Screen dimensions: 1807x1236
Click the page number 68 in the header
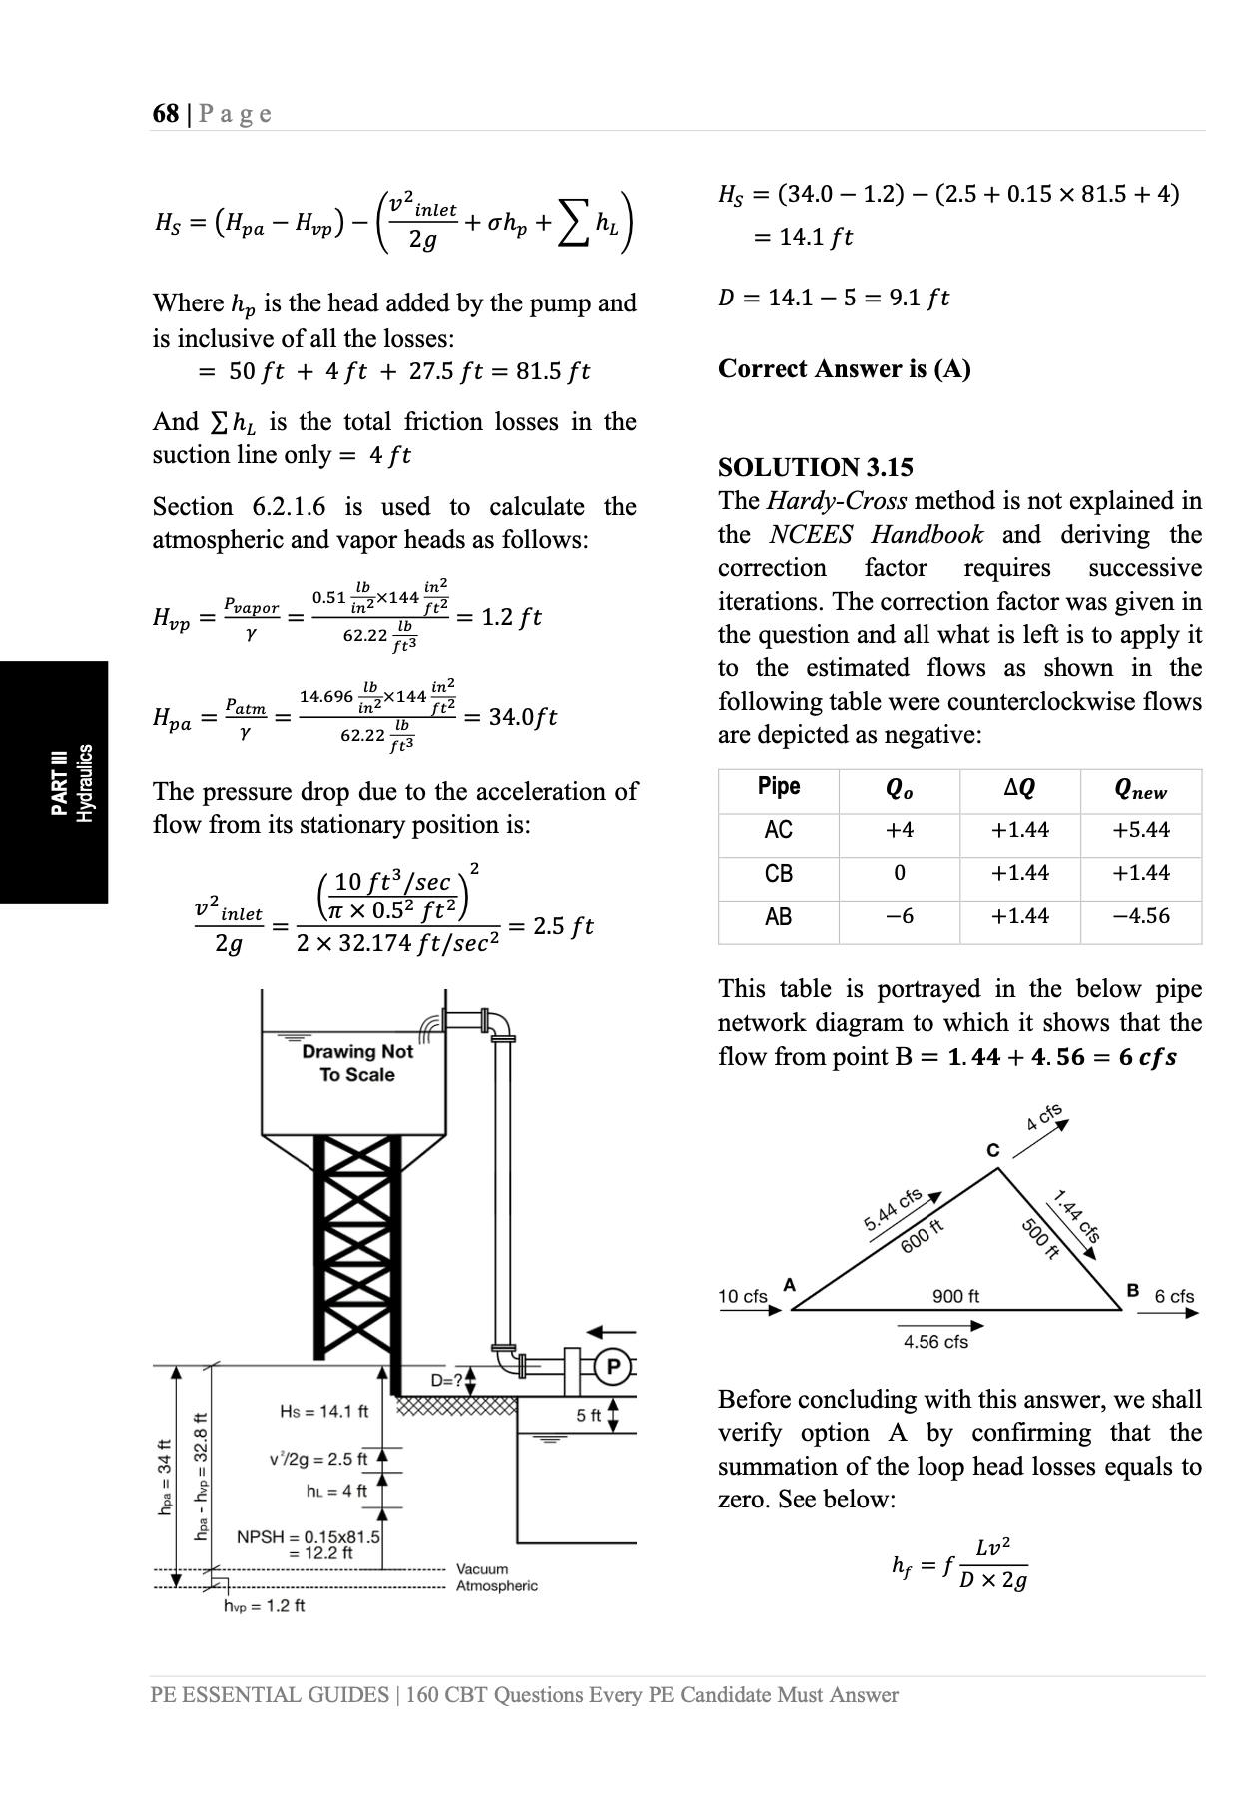point(165,113)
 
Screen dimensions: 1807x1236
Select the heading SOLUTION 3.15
point(815,467)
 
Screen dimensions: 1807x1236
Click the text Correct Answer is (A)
point(844,369)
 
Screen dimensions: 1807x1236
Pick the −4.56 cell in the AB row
point(1141,916)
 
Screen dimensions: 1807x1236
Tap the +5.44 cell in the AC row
point(1141,830)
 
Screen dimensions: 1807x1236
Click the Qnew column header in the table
point(1141,789)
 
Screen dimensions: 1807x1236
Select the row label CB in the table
point(779,874)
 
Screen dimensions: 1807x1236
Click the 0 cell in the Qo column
point(899,874)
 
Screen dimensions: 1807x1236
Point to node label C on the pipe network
point(992,1150)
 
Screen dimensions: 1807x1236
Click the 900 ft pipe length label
point(955,1296)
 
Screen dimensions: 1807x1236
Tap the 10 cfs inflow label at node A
point(743,1296)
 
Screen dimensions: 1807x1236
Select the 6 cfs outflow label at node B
point(1174,1296)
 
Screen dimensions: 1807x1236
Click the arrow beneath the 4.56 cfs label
point(941,1326)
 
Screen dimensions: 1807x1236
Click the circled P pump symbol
point(613,1367)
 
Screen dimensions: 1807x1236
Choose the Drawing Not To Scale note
point(357,1063)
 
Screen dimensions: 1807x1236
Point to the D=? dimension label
point(447,1381)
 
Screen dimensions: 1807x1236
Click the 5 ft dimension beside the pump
point(589,1415)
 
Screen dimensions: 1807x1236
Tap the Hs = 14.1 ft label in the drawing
point(323,1411)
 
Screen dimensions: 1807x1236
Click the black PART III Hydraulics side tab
point(54,782)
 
